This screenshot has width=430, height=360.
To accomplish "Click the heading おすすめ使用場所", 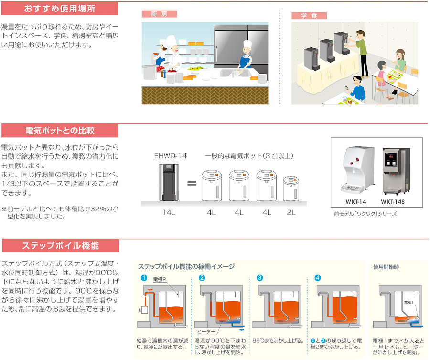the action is point(60,9).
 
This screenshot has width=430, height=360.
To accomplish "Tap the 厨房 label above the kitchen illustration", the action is point(159,14).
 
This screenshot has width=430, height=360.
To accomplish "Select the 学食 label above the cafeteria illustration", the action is point(309,16).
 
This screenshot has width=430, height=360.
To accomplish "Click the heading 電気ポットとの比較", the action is point(60,131).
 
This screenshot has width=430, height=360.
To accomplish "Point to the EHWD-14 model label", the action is point(170,156).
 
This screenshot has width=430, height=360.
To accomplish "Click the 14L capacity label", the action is point(169,212).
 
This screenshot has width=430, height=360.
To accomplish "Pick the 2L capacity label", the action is point(291,212).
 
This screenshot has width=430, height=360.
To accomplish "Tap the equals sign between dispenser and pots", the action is point(192,183).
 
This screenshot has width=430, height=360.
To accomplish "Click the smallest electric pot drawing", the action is point(291,189).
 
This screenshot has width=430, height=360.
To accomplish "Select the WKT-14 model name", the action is point(355,202).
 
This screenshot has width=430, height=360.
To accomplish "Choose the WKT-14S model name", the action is point(393,202).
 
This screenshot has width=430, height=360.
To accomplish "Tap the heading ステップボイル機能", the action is point(60,246).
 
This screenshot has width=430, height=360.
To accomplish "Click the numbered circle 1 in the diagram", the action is point(144,278).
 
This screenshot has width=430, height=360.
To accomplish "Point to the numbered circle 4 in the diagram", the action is point(317,278).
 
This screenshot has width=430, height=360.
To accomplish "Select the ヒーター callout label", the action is point(206,332).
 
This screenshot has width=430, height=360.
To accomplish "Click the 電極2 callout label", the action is point(159,279).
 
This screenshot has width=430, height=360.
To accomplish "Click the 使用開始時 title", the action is point(386,267).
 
